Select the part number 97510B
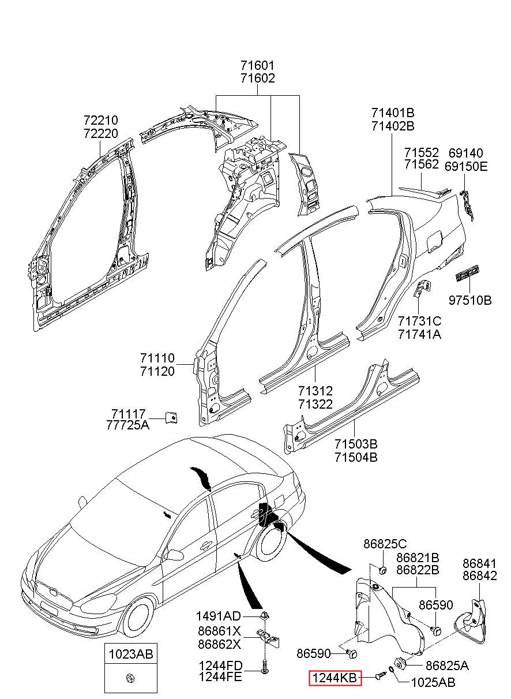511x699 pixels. click(x=470, y=300)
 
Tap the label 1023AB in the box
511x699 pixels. click(x=131, y=654)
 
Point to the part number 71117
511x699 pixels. click(x=129, y=414)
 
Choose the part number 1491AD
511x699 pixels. click(x=218, y=616)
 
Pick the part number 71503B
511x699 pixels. click(x=356, y=443)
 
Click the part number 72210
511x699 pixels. click(x=101, y=120)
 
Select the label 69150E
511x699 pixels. click(x=466, y=166)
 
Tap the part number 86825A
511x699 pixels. click(x=447, y=666)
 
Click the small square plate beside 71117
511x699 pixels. click(x=171, y=417)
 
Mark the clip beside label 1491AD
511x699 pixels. click(x=264, y=616)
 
